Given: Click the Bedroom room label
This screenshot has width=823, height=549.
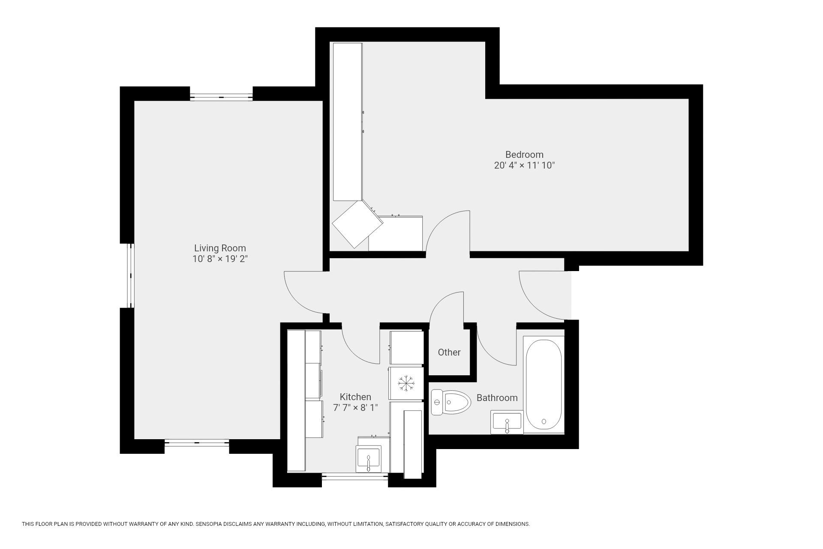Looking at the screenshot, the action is pyautogui.click(x=524, y=154).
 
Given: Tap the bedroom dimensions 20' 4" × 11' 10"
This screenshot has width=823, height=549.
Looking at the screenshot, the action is pyautogui.click(x=524, y=166).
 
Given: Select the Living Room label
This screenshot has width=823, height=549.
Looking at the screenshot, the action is pyautogui.click(x=220, y=248).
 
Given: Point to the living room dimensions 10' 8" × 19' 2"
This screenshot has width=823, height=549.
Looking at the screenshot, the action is pyautogui.click(x=220, y=259).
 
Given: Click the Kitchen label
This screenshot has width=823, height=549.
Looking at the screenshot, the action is pyautogui.click(x=355, y=397).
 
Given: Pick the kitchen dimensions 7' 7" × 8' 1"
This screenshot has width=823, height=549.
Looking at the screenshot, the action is pyautogui.click(x=355, y=407).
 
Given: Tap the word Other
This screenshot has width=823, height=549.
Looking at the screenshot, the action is pyautogui.click(x=449, y=352).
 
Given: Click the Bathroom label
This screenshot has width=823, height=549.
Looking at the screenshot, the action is pyautogui.click(x=497, y=398).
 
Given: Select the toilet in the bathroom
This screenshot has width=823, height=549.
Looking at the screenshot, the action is pyautogui.click(x=451, y=402).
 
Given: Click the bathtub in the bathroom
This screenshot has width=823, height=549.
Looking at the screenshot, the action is pyautogui.click(x=544, y=384).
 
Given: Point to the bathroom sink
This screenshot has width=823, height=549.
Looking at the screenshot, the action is pyautogui.click(x=507, y=422).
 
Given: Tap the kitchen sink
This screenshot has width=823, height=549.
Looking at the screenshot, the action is pyautogui.click(x=368, y=459).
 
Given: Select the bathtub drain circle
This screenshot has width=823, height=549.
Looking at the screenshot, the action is pyautogui.click(x=544, y=422).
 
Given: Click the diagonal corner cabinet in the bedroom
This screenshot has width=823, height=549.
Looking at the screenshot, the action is pyautogui.click(x=357, y=224).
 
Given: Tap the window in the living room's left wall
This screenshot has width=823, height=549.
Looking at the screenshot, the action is pyautogui.click(x=130, y=275).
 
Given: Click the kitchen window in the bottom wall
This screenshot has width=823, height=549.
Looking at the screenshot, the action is pyautogui.click(x=355, y=476).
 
